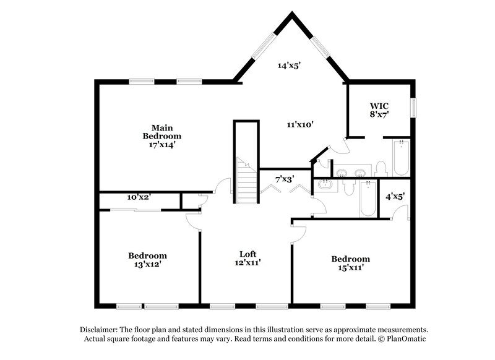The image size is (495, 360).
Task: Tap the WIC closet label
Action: coord(379,109)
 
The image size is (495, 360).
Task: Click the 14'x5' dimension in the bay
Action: coord(290,64)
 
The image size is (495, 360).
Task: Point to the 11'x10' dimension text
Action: coord(300,124)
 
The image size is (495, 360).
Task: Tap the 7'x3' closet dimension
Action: coord(284,179)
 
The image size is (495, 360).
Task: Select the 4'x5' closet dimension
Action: coord(394,197)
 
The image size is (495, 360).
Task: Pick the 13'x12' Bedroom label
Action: coord(147,260)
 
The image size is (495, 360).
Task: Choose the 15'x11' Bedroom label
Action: coord(350,263)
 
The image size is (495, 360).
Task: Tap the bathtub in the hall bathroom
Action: coord(368,198)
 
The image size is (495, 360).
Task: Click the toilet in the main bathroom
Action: coord(381,168)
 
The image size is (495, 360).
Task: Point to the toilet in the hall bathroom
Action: coord(347,186)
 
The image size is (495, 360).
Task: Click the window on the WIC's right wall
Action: coord(415,106)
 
